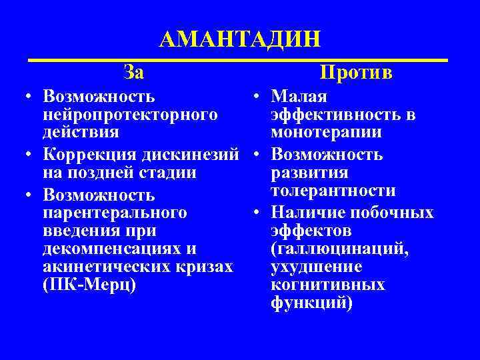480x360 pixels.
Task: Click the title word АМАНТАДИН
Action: point(240,38)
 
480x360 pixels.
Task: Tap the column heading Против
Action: point(356,71)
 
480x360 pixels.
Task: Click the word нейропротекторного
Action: point(130,115)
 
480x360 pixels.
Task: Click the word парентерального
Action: point(114,213)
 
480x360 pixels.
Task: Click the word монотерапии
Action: point(327,133)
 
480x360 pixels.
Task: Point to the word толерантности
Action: point(333,191)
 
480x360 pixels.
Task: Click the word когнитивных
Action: point(328,285)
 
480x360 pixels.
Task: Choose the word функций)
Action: point(312,303)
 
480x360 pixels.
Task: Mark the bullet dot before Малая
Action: point(257,98)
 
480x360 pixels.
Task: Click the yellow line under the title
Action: point(240,61)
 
